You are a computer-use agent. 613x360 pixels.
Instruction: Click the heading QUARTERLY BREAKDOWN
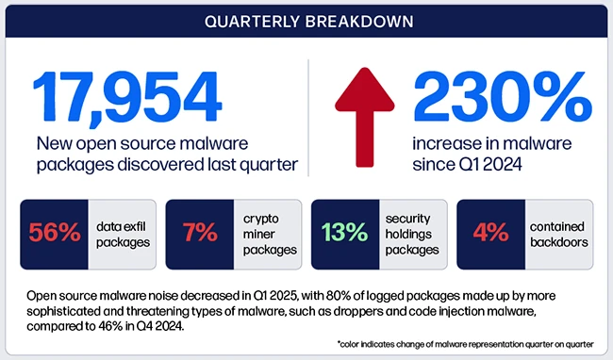coord(306,22)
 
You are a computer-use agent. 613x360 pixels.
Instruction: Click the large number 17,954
coord(128,94)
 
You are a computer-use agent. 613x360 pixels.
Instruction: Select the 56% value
coord(54,232)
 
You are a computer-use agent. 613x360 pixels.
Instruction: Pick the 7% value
coord(199,232)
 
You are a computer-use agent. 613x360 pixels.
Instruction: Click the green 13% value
coord(345,232)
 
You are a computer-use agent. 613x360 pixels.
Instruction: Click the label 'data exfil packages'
coord(122,232)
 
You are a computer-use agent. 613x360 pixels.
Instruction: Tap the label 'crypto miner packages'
coord(267,232)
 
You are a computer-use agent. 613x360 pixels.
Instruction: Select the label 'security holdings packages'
coord(413,232)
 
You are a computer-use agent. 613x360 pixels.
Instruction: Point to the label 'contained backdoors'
coord(558,232)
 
